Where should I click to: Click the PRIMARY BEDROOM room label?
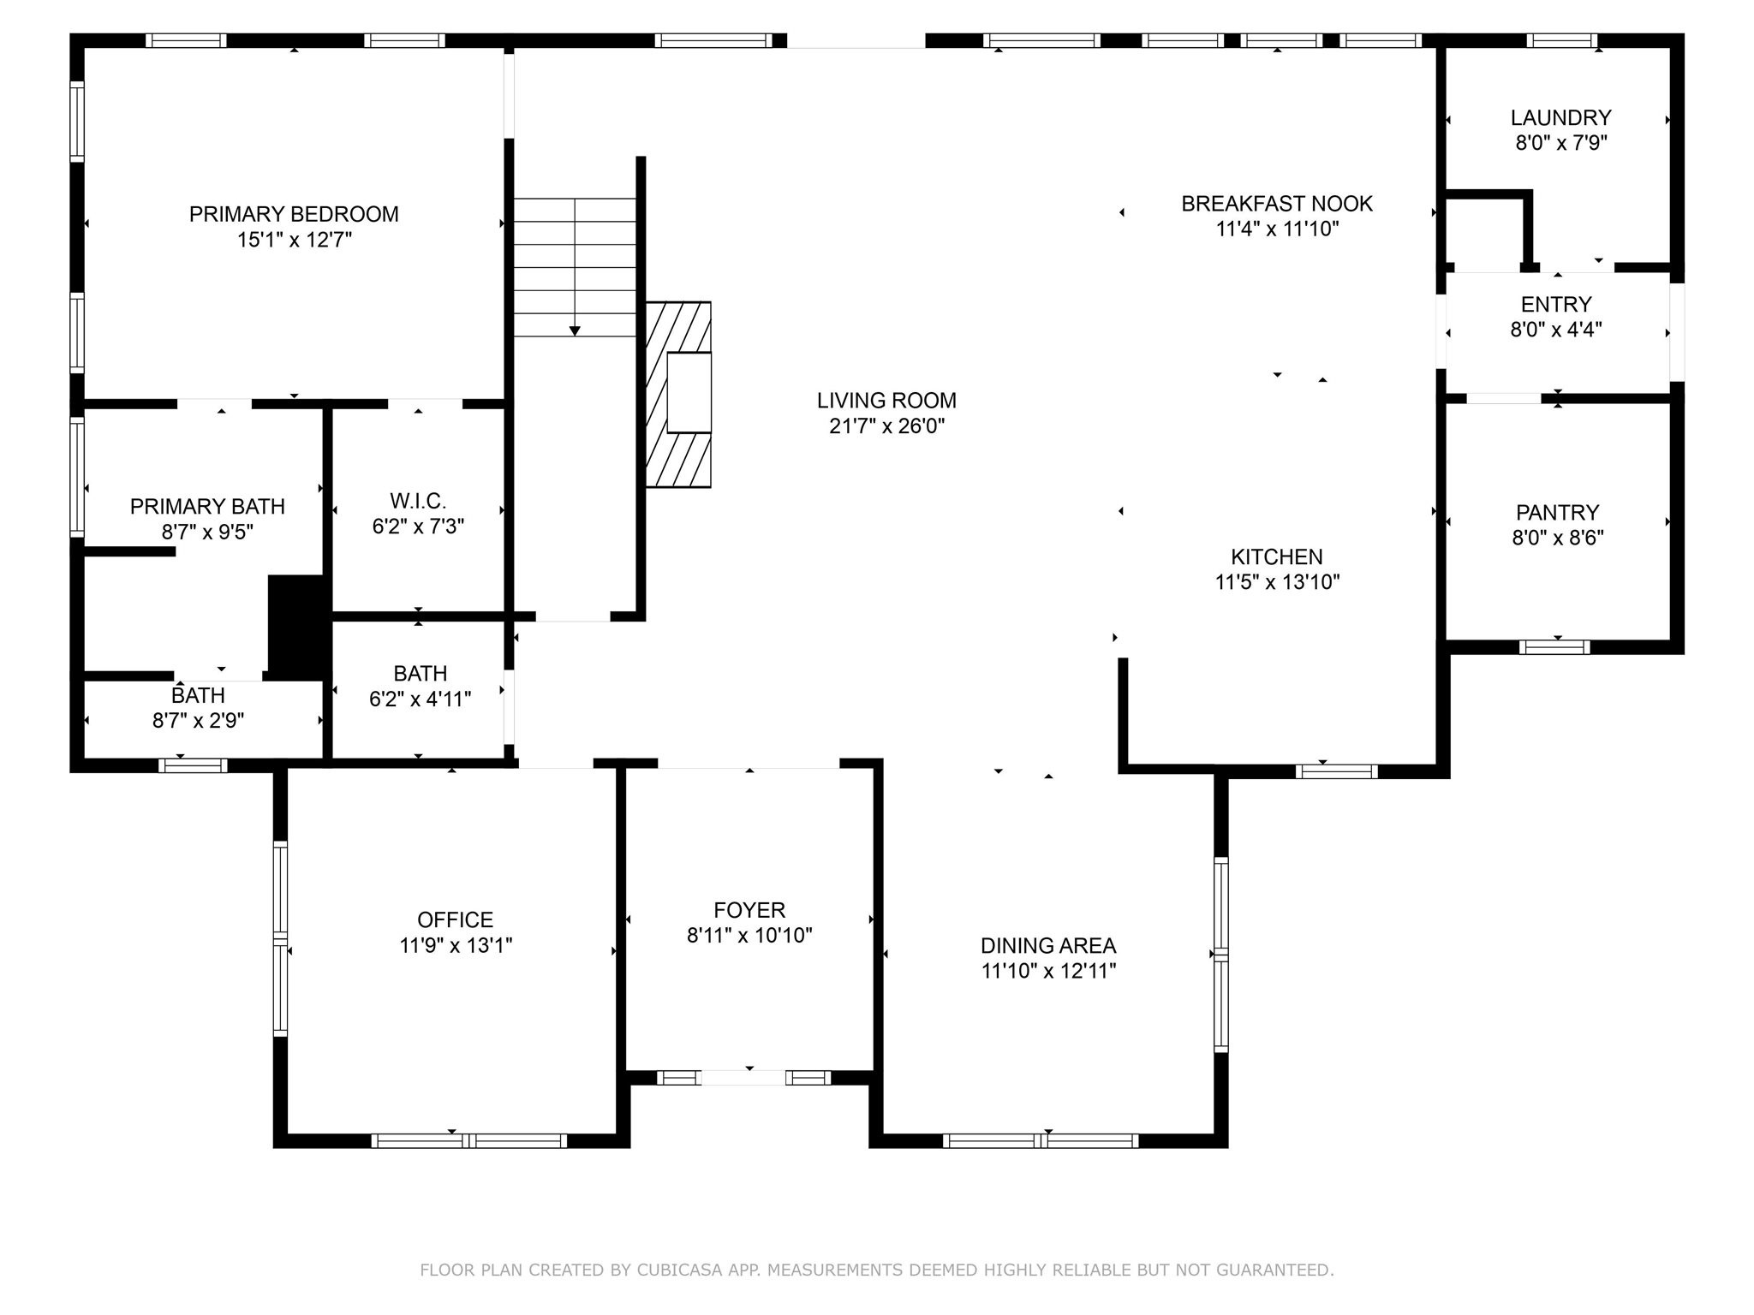tap(294, 214)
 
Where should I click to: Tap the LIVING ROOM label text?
tap(886, 400)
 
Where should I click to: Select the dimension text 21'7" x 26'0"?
tap(886, 425)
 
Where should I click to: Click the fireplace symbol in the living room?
tap(678, 395)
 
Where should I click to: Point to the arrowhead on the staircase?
tap(575, 330)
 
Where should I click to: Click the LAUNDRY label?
tap(1560, 117)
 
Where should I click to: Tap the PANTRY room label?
tap(1557, 512)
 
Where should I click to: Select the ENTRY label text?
tap(1556, 304)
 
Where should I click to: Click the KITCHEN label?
tap(1277, 556)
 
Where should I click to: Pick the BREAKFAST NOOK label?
tap(1277, 204)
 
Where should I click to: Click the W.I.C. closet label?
tap(418, 501)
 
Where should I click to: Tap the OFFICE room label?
tap(456, 919)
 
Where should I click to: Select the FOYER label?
tap(749, 909)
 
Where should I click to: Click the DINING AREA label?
tap(1048, 945)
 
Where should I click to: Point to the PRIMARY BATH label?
tap(207, 507)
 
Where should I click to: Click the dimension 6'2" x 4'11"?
tap(420, 699)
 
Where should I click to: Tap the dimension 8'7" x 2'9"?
tap(198, 721)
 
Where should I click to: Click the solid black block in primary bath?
tap(297, 627)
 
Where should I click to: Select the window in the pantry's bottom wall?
tap(1554, 647)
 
